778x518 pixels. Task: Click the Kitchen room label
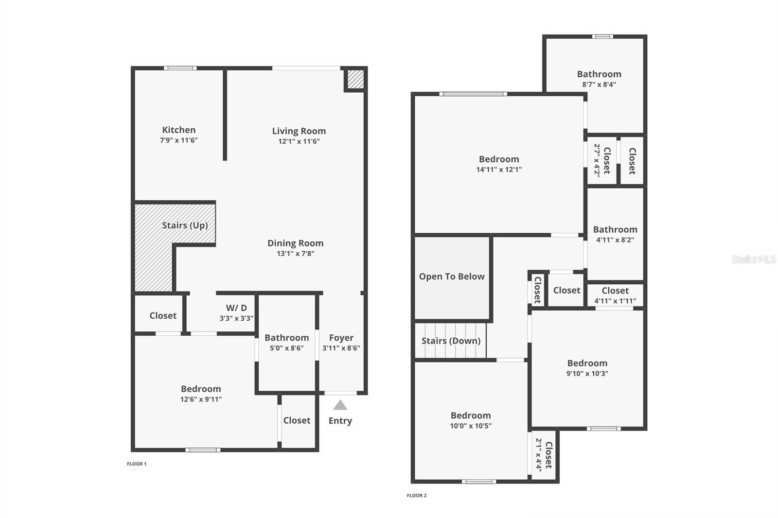point(179,130)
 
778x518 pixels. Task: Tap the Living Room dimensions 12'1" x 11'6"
point(299,141)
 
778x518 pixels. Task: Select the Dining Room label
point(295,243)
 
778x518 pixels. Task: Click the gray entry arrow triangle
point(340,405)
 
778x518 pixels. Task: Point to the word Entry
point(340,421)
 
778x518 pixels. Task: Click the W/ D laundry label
point(236,308)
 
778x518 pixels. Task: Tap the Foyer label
point(341,338)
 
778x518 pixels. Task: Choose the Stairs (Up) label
point(185,225)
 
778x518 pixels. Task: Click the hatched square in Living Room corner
point(355,79)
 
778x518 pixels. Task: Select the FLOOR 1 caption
point(137,464)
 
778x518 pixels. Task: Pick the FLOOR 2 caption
point(417,496)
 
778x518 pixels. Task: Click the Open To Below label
point(452,276)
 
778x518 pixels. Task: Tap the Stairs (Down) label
point(451,341)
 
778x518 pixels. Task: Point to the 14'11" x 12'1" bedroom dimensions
point(499,170)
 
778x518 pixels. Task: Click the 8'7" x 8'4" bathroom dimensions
point(599,84)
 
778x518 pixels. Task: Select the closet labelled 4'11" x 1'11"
point(615,301)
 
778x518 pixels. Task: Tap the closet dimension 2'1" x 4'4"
point(539,455)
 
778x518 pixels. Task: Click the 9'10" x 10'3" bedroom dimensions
point(587,374)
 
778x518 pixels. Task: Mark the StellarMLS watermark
point(754,259)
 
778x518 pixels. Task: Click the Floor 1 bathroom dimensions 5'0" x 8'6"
point(286,348)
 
